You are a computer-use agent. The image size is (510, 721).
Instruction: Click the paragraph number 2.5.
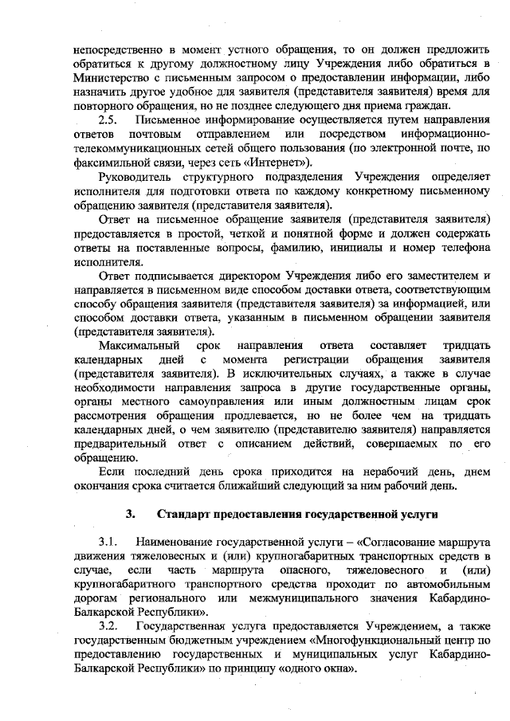coord(108,120)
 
